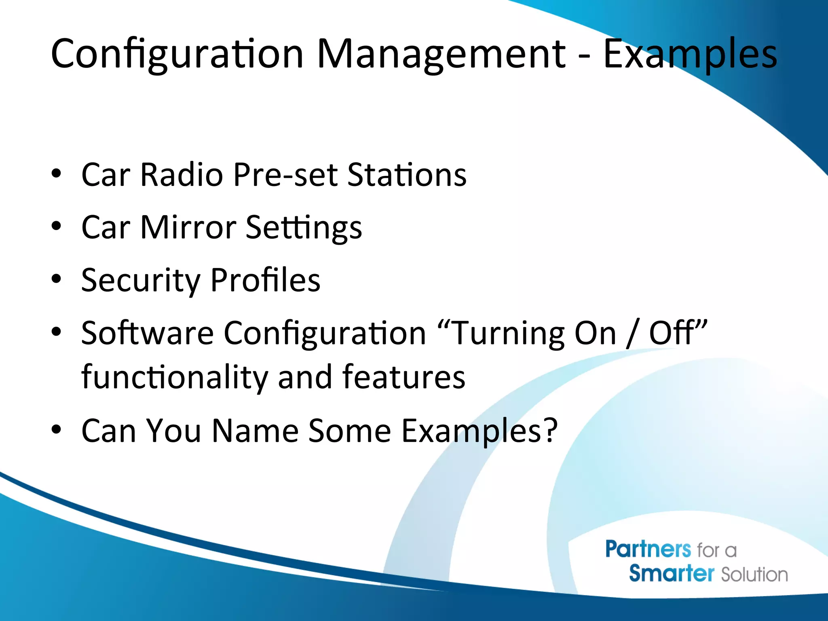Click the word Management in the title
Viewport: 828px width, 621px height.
pos(441,55)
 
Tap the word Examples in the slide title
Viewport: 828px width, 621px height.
pos(690,55)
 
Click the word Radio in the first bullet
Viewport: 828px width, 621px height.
pos(182,175)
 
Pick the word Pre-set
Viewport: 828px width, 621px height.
pos(285,175)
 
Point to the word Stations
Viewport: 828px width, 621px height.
pos(407,175)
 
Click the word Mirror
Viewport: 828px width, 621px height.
pos(188,227)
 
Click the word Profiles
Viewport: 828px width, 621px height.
pos(265,280)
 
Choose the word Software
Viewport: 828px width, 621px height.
pos(147,333)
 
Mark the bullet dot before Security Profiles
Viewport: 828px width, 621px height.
pos(56,279)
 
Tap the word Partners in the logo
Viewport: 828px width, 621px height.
pos(648,549)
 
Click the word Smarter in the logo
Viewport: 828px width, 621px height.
pos(672,574)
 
